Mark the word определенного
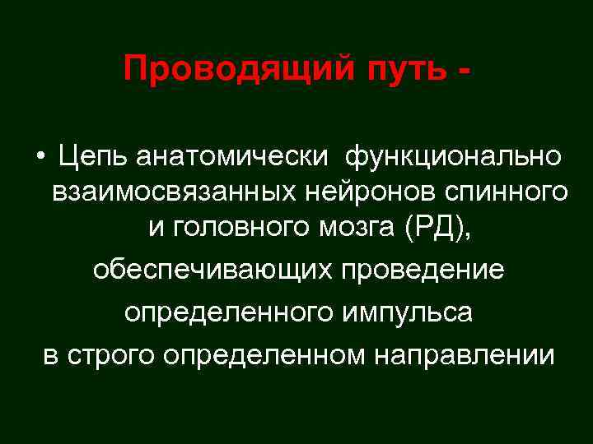233,313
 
